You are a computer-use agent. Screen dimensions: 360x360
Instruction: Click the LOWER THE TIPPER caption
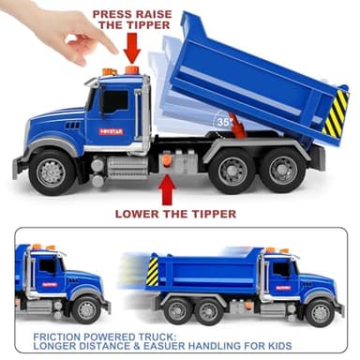point(175,214)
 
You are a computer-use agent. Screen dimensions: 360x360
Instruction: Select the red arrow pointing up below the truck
point(167,189)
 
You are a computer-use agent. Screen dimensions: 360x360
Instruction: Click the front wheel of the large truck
point(52,172)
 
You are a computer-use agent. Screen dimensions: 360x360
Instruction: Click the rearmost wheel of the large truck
point(279,171)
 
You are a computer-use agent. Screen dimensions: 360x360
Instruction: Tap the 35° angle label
point(224,122)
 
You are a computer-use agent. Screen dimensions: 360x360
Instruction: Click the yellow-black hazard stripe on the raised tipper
point(335,113)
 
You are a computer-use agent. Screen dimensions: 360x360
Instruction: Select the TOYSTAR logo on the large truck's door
point(112,130)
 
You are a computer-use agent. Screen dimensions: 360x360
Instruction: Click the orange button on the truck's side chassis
point(167,161)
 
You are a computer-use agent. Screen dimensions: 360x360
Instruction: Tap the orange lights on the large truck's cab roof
point(120,71)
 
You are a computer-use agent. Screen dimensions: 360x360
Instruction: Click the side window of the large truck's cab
point(114,101)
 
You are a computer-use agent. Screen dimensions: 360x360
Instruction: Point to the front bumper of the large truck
point(21,167)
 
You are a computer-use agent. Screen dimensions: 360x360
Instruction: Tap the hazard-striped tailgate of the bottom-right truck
point(153,272)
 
